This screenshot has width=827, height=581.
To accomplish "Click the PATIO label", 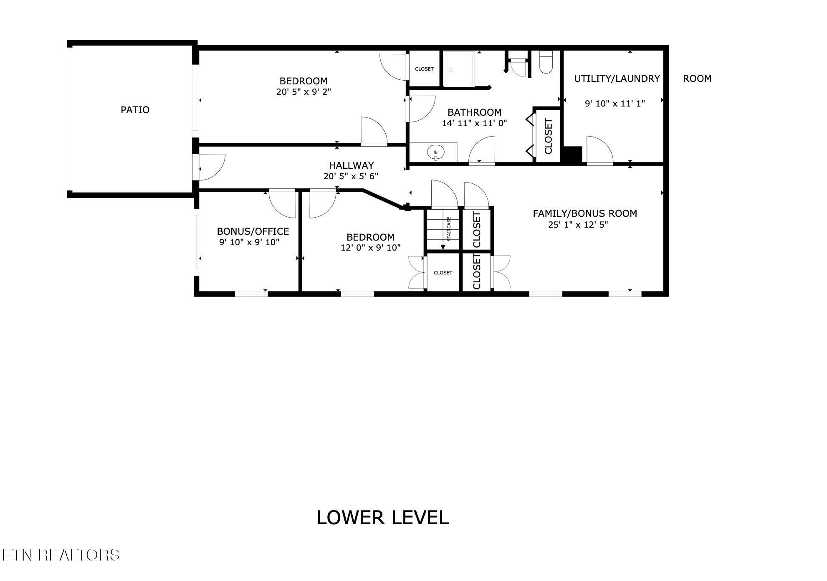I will click(135, 110).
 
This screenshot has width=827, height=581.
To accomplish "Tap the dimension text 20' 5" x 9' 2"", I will click(303, 92).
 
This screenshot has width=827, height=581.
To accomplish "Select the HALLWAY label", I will click(351, 165).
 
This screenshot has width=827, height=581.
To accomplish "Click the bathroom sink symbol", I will click(435, 152).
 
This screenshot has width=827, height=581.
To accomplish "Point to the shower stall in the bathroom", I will click(459, 69).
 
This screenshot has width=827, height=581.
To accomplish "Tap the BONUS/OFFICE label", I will click(253, 231).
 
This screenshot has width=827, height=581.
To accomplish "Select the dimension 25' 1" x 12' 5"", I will click(578, 225).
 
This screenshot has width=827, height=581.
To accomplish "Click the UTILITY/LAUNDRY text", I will click(617, 79).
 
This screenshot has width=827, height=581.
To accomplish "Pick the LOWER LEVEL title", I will click(382, 518).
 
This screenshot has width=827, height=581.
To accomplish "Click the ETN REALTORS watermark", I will click(61, 555).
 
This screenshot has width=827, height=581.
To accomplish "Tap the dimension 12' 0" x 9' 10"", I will click(370, 248).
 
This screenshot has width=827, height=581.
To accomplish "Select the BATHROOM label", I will click(474, 112).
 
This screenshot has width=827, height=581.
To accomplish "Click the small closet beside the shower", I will click(424, 69).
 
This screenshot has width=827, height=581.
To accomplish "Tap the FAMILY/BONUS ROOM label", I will click(584, 213).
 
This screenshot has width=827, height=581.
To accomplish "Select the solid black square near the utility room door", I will click(573, 155).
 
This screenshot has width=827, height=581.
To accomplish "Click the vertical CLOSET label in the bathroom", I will click(548, 136).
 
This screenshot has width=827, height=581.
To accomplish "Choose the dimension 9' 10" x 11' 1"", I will click(615, 104).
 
